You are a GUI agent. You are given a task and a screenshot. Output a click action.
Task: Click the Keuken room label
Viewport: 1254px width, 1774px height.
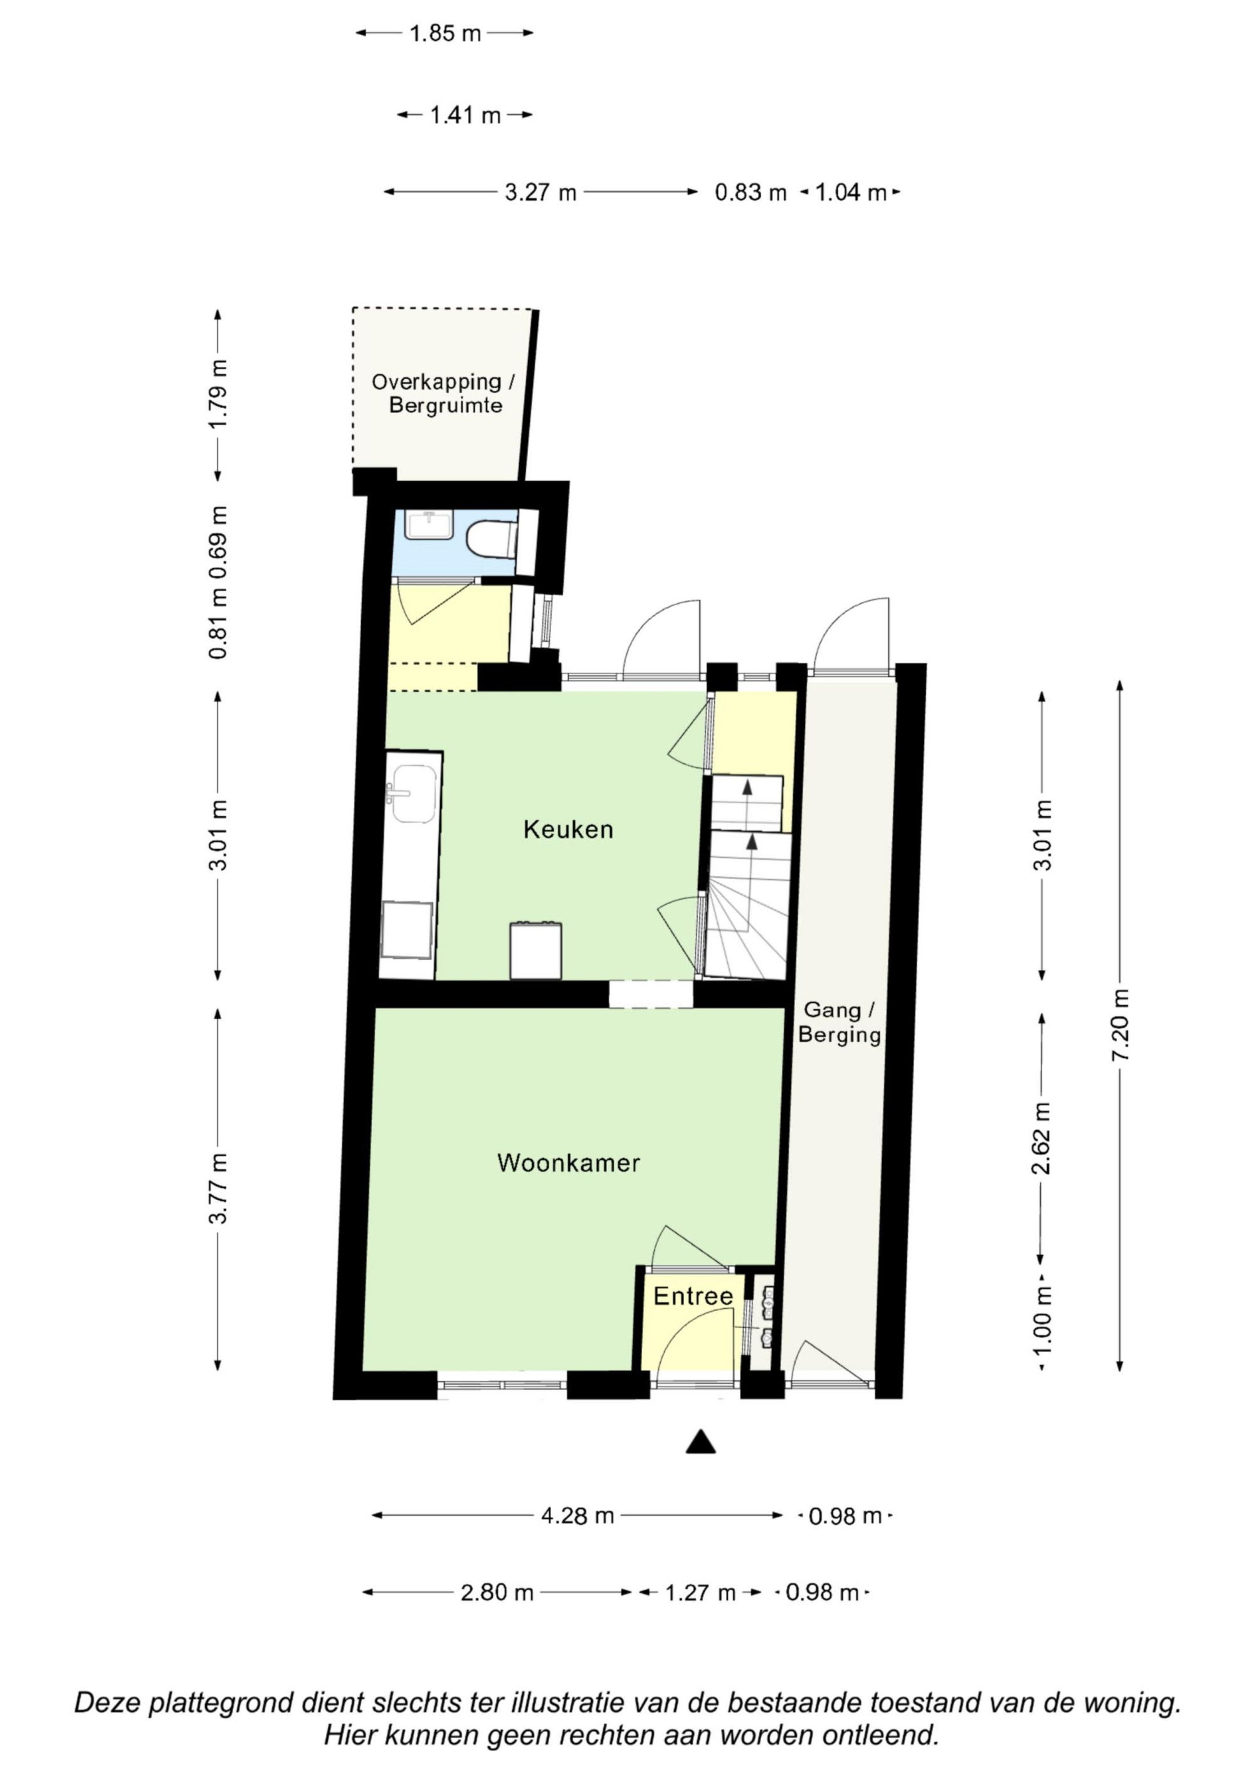(x=568, y=830)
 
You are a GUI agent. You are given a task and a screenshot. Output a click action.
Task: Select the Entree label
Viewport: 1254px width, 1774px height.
(x=693, y=1296)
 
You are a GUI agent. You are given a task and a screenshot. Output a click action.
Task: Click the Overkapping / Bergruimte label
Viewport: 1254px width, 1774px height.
(x=443, y=393)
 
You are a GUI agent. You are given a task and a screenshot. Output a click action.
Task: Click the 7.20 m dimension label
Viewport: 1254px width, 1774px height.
(x=1120, y=1025)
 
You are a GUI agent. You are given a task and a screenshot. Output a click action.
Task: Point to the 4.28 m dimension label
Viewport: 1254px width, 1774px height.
(x=577, y=1516)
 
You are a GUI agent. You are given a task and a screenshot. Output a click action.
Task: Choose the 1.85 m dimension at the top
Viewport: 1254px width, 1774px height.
(x=445, y=33)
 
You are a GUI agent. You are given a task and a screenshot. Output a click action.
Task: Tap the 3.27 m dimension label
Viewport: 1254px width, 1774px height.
(x=541, y=192)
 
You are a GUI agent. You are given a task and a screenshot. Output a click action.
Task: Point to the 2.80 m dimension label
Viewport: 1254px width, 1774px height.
(x=497, y=1592)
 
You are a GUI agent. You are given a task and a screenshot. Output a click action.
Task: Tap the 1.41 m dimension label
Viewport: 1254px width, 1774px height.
(x=465, y=115)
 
